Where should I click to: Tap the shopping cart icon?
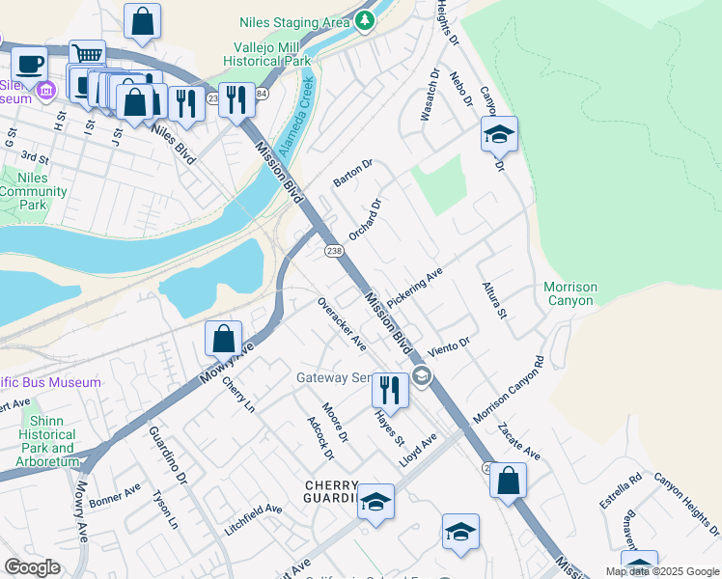pyautogui.click(x=87, y=56)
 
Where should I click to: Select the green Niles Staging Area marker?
pyautogui.click(x=364, y=20)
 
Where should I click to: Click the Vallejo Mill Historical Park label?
pyautogui.click(x=273, y=53)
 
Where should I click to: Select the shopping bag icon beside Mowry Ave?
pyautogui.click(x=223, y=339)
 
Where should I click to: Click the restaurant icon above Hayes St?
pyautogui.click(x=390, y=390)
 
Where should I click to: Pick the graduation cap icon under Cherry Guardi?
pyautogui.click(x=375, y=502)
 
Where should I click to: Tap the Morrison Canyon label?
pyautogui.click(x=569, y=294)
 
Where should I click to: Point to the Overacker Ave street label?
pyautogui.click(x=343, y=323)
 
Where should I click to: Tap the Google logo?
pyautogui.click(x=32, y=567)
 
